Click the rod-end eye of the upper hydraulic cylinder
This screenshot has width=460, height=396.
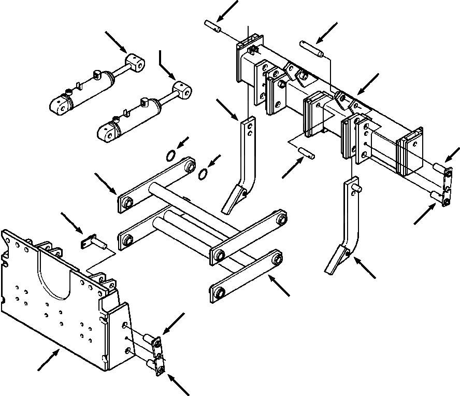[136, 64]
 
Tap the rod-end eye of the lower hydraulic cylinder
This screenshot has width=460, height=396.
[182, 90]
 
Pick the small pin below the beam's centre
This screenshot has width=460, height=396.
[306, 153]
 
